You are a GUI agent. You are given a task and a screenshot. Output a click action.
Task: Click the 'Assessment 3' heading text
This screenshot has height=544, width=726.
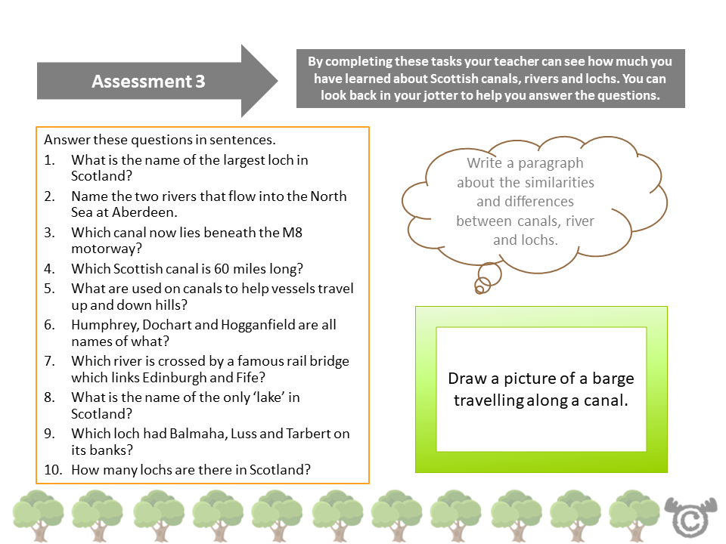click(148, 82)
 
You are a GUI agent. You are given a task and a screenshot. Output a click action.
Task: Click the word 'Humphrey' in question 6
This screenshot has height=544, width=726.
click(101, 325)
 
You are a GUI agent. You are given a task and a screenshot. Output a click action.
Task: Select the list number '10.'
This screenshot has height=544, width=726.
click(52, 469)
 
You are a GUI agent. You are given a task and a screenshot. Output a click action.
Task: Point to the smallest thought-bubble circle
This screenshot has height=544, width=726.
click(479, 286)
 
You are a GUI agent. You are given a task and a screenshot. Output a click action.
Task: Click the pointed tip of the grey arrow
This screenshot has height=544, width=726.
click(278, 81)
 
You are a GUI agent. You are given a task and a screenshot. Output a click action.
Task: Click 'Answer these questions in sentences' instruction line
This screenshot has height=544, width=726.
click(160, 141)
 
